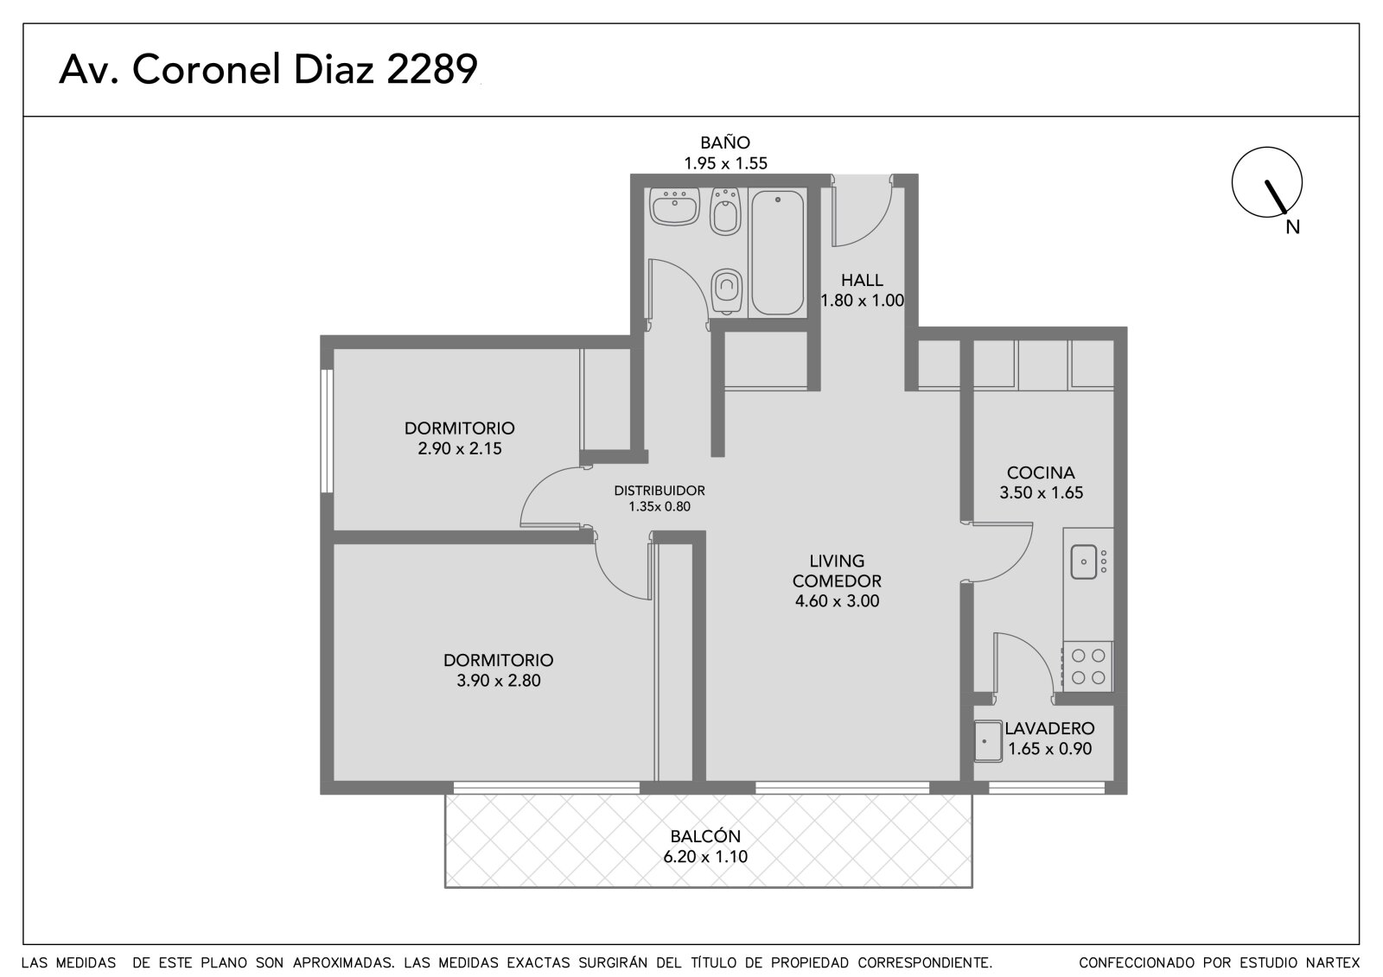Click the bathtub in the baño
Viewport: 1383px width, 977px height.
(777, 252)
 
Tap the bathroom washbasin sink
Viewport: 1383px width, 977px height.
(674, 206)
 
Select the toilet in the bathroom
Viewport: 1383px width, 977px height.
(726, 292)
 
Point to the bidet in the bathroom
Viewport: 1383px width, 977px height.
(725, 212)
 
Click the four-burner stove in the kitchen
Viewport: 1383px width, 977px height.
(1088, 667)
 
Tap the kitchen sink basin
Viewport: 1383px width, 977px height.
(1084, 561)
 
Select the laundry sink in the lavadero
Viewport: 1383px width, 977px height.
(988, 741)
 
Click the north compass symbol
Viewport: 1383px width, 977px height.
(1267, 182)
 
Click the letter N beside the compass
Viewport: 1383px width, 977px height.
(1293, 228)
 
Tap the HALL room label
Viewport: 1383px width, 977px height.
(862, 280)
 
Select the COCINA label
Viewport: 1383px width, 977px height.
(1041, 473)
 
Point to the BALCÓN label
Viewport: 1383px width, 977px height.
(705, 836)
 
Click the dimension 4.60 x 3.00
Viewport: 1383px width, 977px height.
(838, 601)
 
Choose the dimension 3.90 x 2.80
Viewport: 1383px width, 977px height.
(499, 681)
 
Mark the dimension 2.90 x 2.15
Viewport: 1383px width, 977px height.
(460, 448)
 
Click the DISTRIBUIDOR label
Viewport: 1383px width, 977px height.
(660, 491)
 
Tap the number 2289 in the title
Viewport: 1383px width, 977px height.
(432, 68)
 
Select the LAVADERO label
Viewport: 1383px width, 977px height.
(1049, 728)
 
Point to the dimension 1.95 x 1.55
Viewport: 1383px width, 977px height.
(725, 163)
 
